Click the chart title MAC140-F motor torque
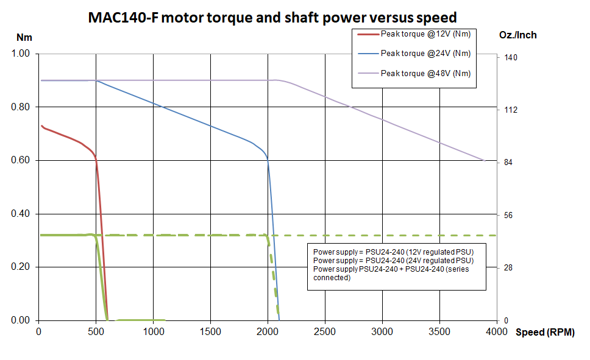click(272, 18)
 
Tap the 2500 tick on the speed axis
click(325, 332)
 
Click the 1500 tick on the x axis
click(210, 332)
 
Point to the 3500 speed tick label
click(439, 332)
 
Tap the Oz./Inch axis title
click(517, 35)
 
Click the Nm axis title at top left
click(24, 37)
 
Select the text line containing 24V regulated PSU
click(393, 261)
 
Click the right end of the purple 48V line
click(483, 160)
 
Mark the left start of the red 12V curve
click(41, 125)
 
